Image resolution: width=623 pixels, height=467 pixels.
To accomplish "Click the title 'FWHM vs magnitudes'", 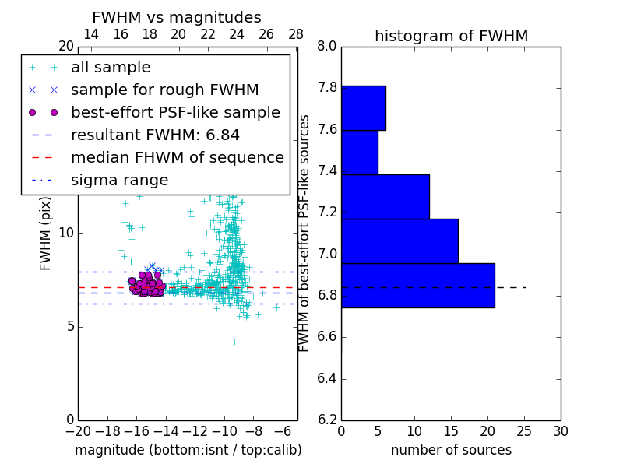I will (x=177, y=18).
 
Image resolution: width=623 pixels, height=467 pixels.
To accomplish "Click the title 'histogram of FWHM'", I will (x=451, y=36).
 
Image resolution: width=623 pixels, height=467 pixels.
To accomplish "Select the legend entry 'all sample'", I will (x=111, y=68).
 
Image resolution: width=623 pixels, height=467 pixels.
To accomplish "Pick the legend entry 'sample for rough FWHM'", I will (x=164, y=90).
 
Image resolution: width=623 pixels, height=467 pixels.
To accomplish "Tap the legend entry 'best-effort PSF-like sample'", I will (x=175, y=113).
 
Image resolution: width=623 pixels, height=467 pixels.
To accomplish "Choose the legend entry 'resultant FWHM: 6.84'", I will (x=155, y=135).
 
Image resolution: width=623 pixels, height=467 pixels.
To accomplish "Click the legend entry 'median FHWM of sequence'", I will (x=177, y=158).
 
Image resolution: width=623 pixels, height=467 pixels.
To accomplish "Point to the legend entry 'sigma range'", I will (x=119, y=181).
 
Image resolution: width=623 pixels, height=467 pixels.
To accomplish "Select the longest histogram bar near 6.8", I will (x=417, y=286).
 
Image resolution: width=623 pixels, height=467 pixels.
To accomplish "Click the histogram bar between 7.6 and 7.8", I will (x=363, y=108).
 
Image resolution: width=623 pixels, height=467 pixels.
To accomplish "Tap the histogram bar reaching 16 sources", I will (x=399, y=241).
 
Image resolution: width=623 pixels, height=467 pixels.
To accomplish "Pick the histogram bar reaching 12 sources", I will (x=385, y=197).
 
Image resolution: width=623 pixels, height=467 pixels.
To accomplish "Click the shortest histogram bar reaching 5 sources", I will (x=359, y=153).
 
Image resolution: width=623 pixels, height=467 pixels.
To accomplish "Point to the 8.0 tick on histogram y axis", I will (x=327, y=47).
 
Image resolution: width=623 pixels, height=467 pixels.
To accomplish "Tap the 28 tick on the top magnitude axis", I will (x=296, y=35).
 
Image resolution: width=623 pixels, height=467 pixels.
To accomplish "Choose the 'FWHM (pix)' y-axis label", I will (x=46, y=233).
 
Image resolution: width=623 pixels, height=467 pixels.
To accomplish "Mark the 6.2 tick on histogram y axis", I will (x=327, y=420).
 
